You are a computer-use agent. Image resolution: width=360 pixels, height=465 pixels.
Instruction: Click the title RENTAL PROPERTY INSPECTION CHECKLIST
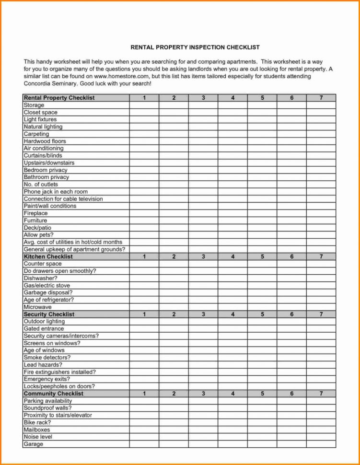195,47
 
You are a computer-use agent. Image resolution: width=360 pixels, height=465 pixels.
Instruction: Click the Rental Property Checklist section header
59,98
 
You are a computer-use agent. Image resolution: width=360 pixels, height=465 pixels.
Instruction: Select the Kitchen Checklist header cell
48,256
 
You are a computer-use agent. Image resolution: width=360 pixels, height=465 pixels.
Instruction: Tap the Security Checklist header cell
49,314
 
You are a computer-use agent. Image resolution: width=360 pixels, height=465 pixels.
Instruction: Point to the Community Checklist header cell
54,394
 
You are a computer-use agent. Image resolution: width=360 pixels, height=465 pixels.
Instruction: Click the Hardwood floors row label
45,141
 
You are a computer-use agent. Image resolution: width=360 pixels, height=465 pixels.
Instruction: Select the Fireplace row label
36,213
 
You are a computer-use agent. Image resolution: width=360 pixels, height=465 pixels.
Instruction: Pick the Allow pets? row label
39,235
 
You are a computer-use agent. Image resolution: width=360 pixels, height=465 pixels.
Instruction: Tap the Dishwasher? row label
41,278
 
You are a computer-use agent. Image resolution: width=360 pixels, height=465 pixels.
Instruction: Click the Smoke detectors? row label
47,358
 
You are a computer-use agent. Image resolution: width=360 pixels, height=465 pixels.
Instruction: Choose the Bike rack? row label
37,423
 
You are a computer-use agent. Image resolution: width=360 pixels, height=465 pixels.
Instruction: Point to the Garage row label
34,444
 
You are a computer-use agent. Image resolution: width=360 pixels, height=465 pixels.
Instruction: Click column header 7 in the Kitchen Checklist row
321,256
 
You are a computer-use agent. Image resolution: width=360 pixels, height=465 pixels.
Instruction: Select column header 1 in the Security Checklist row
144,314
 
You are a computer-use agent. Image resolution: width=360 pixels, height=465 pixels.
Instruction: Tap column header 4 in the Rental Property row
232,98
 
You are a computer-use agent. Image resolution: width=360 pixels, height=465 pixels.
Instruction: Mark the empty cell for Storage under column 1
144,105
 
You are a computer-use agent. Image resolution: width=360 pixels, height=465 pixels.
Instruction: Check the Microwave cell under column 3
203,307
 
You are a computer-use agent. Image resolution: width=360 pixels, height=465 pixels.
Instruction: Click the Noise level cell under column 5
262,437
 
